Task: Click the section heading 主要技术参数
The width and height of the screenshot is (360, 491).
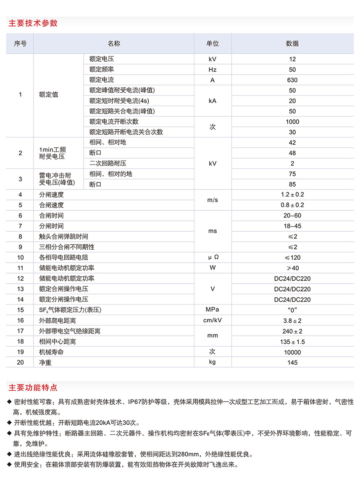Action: [x=33, y=23]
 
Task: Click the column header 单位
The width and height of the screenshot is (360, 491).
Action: [x=213, y=44]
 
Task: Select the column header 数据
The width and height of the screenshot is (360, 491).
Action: [x=292, y=44]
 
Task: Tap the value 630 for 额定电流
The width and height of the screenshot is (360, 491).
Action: [x=292, y=80]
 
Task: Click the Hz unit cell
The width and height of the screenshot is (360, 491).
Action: [x=213, y=70]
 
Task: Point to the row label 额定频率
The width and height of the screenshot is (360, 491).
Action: [x=102, y=70]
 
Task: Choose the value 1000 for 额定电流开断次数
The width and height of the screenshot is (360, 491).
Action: [x=292, y=122]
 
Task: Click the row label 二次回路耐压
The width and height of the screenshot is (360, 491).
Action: [x=108, y=163]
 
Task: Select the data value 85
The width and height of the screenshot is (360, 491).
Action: [x=292, y=184]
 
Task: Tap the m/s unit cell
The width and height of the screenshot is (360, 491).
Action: [x=213, y=200]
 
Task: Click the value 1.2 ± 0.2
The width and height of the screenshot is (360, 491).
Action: [x=292, y=195]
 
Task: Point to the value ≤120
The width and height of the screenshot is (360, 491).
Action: [x=292, y=258]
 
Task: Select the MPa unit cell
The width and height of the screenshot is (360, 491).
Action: [x=213, y=310]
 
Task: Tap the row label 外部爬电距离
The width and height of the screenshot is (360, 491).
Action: [x=58, y=321]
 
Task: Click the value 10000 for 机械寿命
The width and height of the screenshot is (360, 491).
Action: [x=292, y=352]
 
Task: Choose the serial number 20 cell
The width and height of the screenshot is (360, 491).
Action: [x=21, y=363]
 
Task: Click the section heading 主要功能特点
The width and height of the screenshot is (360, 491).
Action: [x=33, y=387]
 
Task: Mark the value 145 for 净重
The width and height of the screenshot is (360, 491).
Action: [x=292, y=363]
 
